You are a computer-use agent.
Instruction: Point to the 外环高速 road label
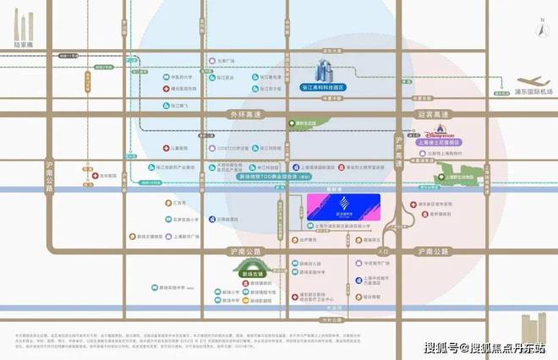click(230, 114)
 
